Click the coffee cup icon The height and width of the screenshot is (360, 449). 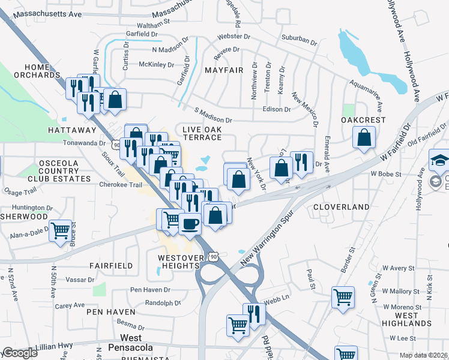click(x=190, y=223)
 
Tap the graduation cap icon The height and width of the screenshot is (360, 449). click(x=439, y=160)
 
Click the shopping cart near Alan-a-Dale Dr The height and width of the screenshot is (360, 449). click(x=60, y=231)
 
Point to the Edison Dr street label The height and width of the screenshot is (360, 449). click(x=277, y=110)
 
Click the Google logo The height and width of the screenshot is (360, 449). click(x=20, y=353)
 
